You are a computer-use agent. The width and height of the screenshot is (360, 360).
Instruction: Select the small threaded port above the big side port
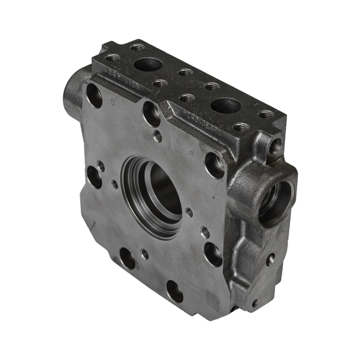[275, 145]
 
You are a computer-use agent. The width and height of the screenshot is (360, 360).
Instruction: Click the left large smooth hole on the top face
[148, 64]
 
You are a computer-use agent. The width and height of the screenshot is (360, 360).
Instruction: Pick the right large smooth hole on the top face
[225, 106]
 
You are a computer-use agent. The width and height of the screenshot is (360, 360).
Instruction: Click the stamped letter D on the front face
[192, 153]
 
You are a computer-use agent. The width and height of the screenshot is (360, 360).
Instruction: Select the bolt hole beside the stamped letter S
[94, 95]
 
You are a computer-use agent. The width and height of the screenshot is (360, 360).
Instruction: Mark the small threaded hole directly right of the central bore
[189, 211]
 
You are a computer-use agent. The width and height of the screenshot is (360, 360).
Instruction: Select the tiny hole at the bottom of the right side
[255, 303]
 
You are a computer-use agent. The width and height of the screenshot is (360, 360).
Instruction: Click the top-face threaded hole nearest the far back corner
[138, 47]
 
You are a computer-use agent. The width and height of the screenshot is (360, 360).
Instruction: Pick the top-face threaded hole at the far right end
[266, 115]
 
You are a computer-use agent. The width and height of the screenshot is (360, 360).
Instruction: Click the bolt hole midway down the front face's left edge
[94, 177]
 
